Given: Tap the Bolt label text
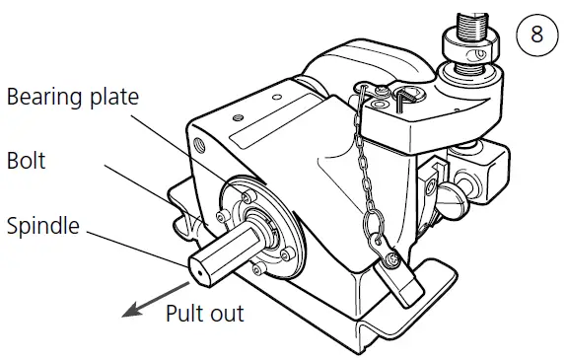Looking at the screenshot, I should click(x=26, y=159).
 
